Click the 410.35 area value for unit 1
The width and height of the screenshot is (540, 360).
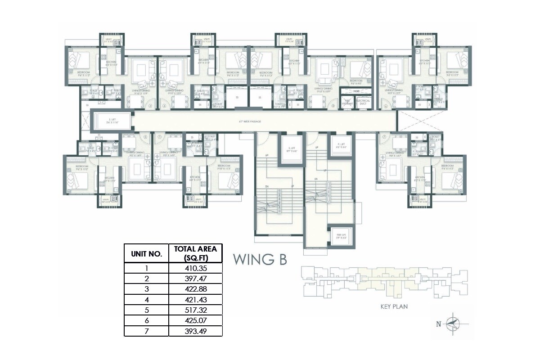pyautogui.click(x=195, y=268)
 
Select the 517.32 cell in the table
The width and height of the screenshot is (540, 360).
pyautogui.click(x=195, y=310)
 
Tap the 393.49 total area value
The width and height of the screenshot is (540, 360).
pyautogui.click(x=195, y=332)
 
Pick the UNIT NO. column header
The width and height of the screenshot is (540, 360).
pyautogui.click(x=146, y=254)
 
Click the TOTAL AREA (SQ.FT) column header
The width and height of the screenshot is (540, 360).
pyautogui.click(x=195, y=253)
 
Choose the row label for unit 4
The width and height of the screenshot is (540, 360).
pyautogui.click(x=146, y=300)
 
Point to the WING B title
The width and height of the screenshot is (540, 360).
pyautogui.click(x=260, y=260)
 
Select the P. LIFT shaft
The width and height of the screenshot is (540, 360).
pyautogui.click(x=341, y=145)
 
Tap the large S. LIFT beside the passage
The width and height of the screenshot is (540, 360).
pyautogui.click(x=113, y=121)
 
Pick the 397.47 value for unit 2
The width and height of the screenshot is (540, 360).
pyautogui.click(x=195, y=279)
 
